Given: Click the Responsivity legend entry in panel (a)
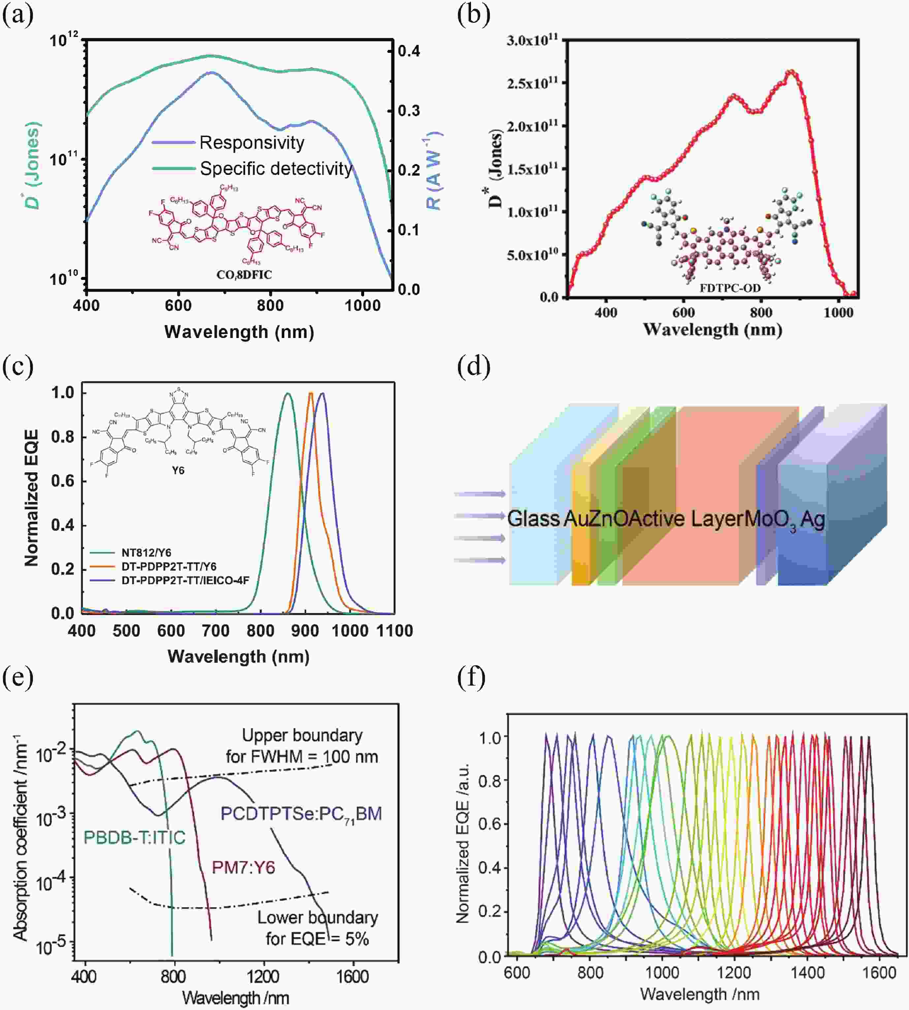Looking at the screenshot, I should click(x=251, y=143).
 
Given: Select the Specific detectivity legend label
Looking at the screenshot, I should click(x=276, y=169).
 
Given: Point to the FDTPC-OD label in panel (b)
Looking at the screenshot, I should click(x=730, y=288).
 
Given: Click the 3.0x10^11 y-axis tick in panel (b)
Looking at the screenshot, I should click(x=532, y=40).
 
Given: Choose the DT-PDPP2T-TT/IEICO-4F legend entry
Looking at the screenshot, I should click(x=185, y=580).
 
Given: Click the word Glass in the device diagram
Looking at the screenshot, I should click(x=533, y=519).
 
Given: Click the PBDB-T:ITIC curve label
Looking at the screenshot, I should click(x=134, y=837).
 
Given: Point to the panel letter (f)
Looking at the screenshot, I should click(x=471, y=678).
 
